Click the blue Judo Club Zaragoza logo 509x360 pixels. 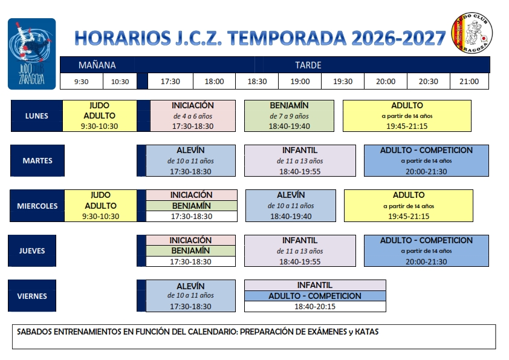[x=32, y=54]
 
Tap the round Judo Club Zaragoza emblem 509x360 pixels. [x=472, y=33]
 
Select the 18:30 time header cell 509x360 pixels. [x=257, y=81]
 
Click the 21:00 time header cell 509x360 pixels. [x=469, y=81]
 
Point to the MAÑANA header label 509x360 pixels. [x=97, y=65]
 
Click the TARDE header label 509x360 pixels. [x=308, y=65]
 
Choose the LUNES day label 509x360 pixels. [x=37, y=116]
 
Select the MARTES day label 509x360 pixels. [x=37, y=160]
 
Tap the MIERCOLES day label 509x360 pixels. [x=37, y=206]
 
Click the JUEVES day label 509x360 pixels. [x=32, y=250]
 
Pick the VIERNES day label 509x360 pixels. [x=32, y=296]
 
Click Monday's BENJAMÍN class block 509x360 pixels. [x=289, y=116]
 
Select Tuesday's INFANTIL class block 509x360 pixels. [x=300, y=160]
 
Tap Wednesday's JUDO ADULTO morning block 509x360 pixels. [x=100, y=206]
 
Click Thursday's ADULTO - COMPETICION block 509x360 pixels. [x=426, y=250]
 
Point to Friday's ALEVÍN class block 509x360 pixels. [x=190, y=296]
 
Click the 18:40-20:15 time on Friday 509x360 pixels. [x=315, y=306]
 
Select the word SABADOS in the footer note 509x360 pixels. [x=34, y=332]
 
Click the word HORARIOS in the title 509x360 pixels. [x=123, y=38]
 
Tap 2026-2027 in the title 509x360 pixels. [x=398, y=38]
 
